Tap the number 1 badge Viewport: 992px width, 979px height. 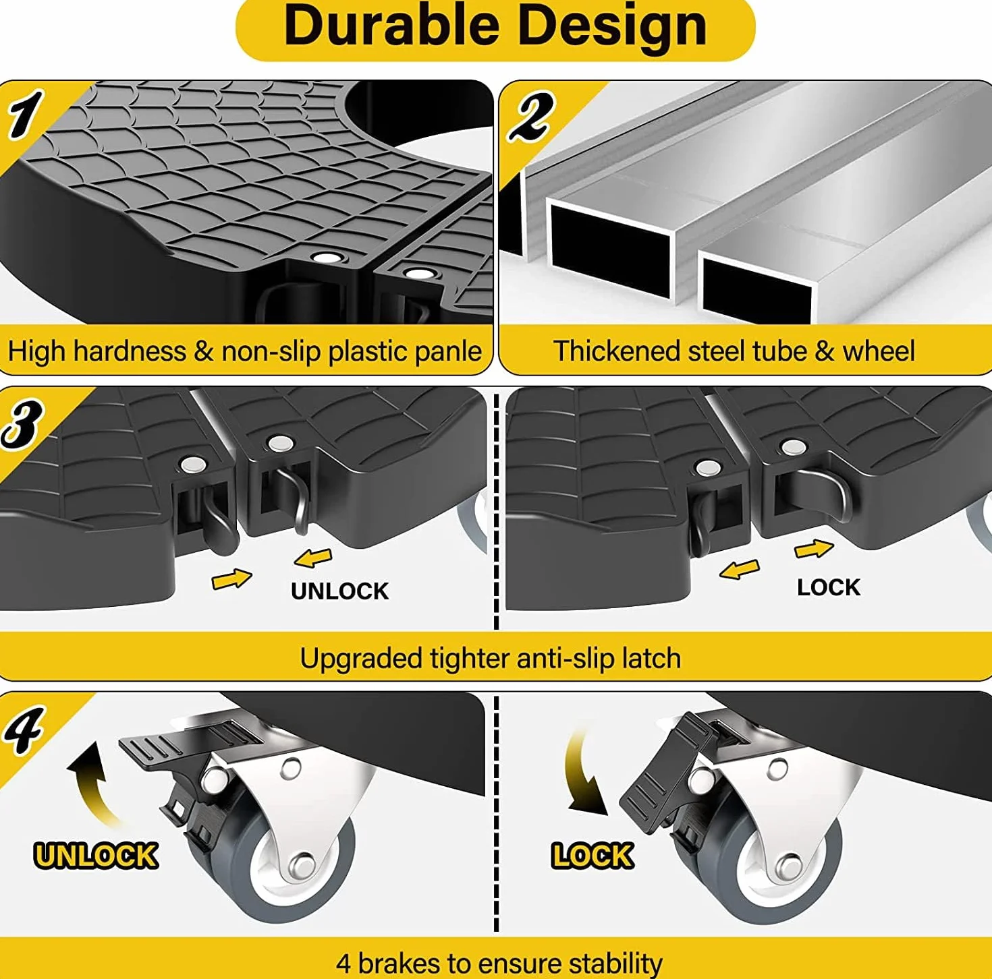point(26,115)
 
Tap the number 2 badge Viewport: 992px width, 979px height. point(530,116)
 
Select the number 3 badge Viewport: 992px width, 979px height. point(23,424)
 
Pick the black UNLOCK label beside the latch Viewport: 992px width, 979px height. point(339,591)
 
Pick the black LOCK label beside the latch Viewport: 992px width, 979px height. point(828,587)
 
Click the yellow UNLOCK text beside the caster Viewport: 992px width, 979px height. point(96,856)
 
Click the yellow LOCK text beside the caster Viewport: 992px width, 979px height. point(592,856)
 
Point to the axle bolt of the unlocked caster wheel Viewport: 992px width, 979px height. point(303,865)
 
